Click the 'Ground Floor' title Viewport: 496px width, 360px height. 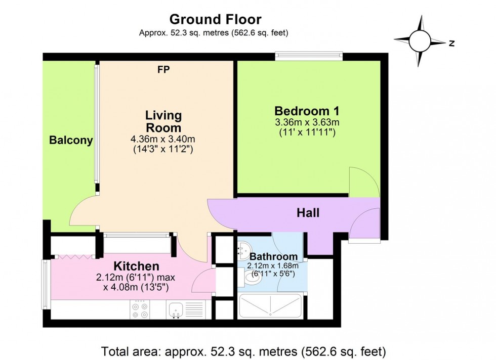[x=215, y=20]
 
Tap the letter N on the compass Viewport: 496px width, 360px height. [x=451, y=43]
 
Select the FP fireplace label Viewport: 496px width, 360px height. [x=163, y=70]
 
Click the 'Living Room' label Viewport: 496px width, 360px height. [x=163, y=121]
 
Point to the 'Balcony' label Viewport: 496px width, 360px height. [x=71, y=141]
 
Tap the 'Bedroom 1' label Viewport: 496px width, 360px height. [x=307, y=111]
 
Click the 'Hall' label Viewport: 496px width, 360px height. [x=308, y=213]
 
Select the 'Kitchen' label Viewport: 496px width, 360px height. [x=136, y=266]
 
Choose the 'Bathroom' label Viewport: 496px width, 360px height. [x=273, y=256]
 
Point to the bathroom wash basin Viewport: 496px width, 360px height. [x=243, y=248]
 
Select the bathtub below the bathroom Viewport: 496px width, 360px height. [x=271, y=306]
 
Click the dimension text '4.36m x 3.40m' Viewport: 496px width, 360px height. [x=163, y=139]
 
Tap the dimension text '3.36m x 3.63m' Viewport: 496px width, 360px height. [x=307, y=122]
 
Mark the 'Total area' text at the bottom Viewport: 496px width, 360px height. [x=244, y=350]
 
